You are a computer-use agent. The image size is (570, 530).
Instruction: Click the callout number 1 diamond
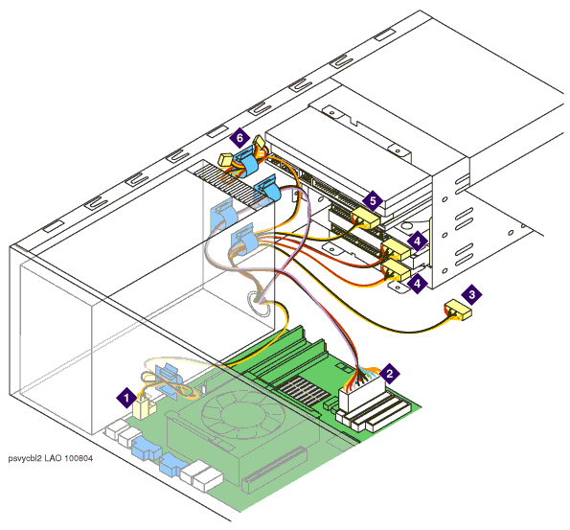click(x=126, y=398)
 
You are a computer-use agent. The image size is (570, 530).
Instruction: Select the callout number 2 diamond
click(x=389, y=373)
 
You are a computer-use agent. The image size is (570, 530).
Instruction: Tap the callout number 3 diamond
click(x=471, y=294)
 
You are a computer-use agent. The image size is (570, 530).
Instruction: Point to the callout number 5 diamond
click(x=373, y=200)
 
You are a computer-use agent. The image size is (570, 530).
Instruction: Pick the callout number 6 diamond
click(x=239, y=138)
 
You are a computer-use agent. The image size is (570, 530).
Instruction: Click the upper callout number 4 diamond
click(x=418, y=241)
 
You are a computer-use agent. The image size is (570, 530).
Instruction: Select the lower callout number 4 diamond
click(x=418, y=283)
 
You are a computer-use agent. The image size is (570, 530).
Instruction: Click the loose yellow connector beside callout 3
click(x=458, y=311)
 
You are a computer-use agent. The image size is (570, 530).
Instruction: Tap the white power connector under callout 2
click(x=362, y=395)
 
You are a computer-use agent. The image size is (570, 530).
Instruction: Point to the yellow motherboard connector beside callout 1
click(x=145, y=407)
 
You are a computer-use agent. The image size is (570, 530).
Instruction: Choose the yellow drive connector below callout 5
click(x=365, y=218)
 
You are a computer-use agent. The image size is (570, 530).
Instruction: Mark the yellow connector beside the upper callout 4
click(x=395, y=249)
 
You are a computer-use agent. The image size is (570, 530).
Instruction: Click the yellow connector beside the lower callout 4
click(x=395, y=270)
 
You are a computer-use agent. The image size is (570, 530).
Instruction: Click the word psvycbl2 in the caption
click(x=25, y=459)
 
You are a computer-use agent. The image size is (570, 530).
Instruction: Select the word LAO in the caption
click(x=54, y=458)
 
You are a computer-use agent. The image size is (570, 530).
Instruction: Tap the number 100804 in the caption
click(x=79, y=458)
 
